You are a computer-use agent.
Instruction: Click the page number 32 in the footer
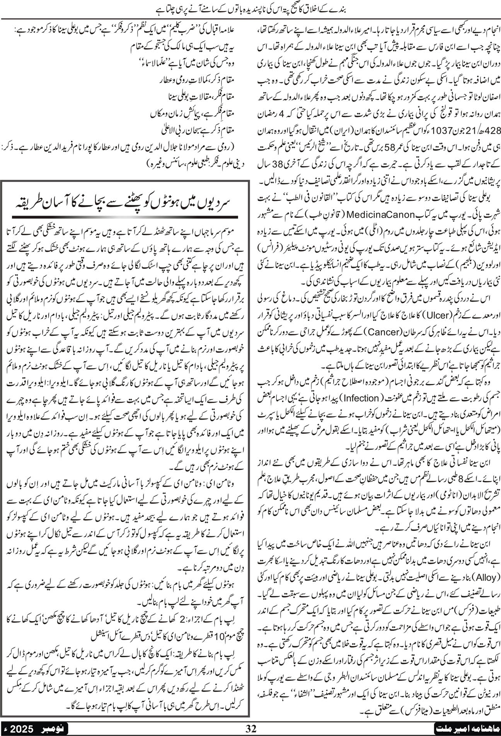coord(251,729)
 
